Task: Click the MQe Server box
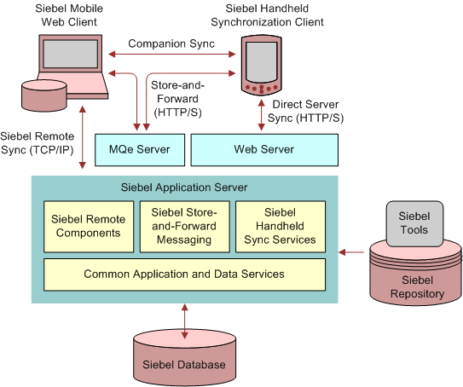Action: pyautogui.click(x=140, y=150)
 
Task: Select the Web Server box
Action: pyautogui.click(x=264, y=150)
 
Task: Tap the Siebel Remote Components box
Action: pyautogui.click(x=89, y=227)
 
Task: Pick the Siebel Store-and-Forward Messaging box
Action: pyautogui.click(x=184, y=227)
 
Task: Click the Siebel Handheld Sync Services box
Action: pyautogui.click(x=281, y=227)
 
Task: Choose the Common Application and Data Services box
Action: pyautogui.click(x=184, y=274)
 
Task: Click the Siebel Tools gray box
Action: pyautogui.click(x=414, y=223)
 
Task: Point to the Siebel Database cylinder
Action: pyautogui.click(x=184, y=358)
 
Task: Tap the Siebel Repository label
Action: pyautogui.click(x=417, y=287)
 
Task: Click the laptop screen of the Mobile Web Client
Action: pyautogui.click(x=71, y=54)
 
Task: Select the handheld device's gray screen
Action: pyautogui.click(x=262, y=62)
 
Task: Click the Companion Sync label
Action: pyautogui.click(x=171, y=43)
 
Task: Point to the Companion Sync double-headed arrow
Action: pyautogui.click(x=172, y=54)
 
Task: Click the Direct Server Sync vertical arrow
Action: pyautogui.click(x=261, y=115)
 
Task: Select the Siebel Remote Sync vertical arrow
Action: pyautogui.click(x=83, y=137)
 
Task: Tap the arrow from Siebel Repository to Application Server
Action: pyautogui.click(x=351, y=252)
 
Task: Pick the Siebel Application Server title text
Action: pyautogui.click(x=184, y=188)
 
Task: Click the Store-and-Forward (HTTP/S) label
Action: pyautogui.click(x=177, y=99)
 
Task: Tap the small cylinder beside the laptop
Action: pyautogui.click(x=44, y=95)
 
